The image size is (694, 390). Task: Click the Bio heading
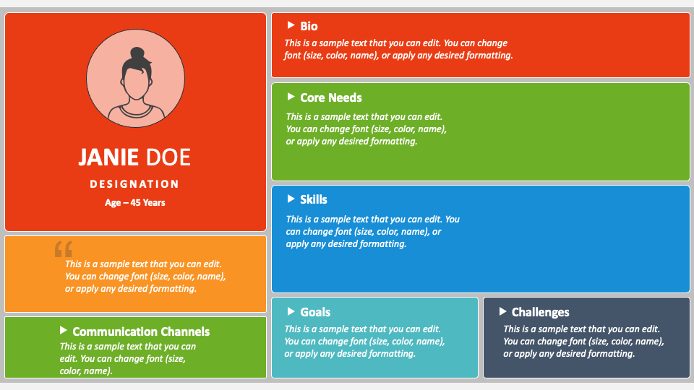point(309,26)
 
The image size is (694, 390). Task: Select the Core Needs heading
point(331,97)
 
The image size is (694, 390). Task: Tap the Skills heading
point(314,199)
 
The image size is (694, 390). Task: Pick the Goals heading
point(315,312)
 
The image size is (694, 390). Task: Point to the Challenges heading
point(541,312)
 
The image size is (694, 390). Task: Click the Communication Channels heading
point(141,331)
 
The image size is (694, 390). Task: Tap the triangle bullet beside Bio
point(291,25)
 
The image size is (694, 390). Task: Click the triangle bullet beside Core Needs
point(291,96)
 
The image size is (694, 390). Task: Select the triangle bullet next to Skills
point(291,199)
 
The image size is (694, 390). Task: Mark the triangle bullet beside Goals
point(291,311)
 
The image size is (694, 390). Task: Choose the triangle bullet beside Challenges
point(502,311)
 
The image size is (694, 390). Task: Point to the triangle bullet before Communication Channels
point(64,330)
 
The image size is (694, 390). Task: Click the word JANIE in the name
point(108,157)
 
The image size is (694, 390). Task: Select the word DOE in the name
point(168,157)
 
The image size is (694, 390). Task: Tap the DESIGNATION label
point(134,184)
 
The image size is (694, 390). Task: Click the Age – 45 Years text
point(135,202)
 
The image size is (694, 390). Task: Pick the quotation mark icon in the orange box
point(64,249)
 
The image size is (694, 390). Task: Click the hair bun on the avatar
point(137,53)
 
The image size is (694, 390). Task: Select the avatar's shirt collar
point(135,110)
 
